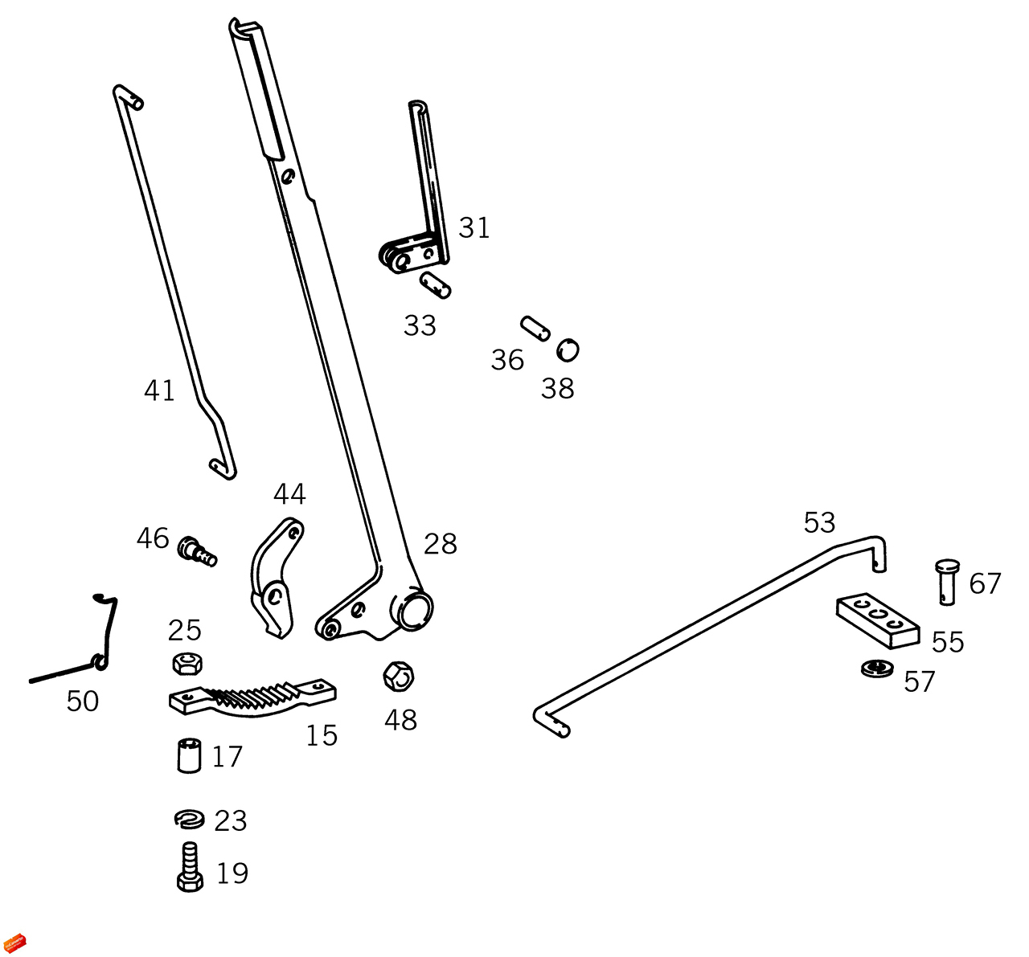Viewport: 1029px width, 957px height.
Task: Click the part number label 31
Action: point(474,228)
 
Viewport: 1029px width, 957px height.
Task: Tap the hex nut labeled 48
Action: point(398,677)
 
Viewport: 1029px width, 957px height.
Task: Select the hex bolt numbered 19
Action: point(190,866)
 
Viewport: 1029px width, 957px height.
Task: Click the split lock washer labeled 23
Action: point(189,819)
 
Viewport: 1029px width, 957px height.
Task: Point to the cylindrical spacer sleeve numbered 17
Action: point(189,755)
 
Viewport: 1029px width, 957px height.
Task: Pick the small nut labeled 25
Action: point(187,663)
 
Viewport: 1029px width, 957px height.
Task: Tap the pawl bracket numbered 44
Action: point(275,579)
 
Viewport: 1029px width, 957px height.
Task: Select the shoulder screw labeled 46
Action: point(198,552)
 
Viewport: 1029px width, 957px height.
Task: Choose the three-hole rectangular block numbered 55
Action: point(877,620)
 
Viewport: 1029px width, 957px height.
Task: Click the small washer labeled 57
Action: point(877,667)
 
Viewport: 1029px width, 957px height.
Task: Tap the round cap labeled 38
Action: point(568,350)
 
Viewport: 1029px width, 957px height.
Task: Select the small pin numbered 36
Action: point(535,328)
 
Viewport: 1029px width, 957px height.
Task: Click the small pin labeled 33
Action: point(435,284)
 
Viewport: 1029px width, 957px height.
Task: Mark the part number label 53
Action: point(819,523)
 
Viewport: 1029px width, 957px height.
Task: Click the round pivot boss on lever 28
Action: point(414,608)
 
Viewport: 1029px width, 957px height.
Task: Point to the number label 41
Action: point(159,391)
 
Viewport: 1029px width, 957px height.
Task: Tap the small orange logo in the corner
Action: point(16,942)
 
